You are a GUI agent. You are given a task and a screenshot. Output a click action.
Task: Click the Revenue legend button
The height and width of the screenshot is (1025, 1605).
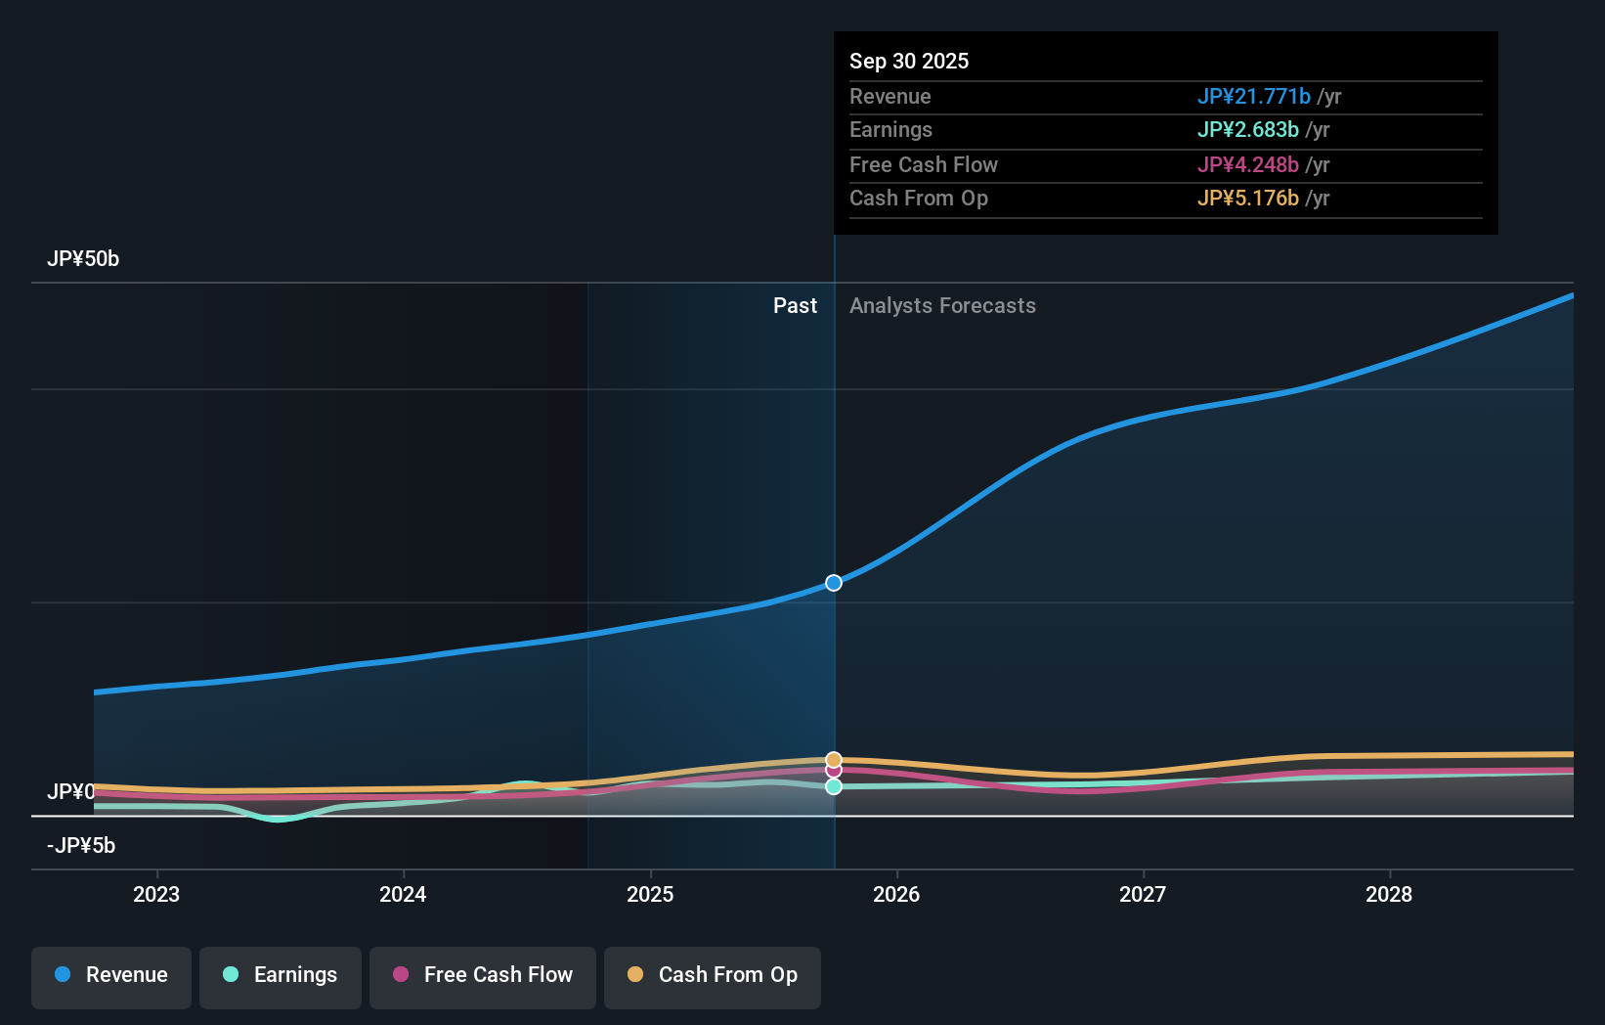pyautogui.click(x=111, y=975)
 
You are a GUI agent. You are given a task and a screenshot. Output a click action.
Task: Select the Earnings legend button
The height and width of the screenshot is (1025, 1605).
pyautogui.click(x=281, y=975)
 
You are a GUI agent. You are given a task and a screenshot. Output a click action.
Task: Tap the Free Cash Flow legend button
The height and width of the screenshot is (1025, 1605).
pyautogui.click(x=483, y=975)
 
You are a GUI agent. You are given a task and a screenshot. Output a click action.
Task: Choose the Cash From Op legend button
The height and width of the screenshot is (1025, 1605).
pyautogui.click(x=713, y=975)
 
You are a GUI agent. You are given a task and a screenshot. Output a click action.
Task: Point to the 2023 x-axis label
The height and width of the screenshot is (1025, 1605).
pyautogui.click(x=156, y=894)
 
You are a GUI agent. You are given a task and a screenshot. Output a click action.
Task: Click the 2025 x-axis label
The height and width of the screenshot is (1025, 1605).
pyautogui.click(x=650, y=894)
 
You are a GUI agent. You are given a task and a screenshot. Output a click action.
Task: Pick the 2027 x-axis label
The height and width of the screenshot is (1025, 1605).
pyautogui.click(x=1143, y=894)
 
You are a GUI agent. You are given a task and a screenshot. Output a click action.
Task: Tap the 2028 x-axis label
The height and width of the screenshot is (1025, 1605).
pyautogui.click(x=1389, y=894)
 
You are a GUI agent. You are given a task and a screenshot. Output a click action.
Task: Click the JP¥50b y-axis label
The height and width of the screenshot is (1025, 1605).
pyautogui.click(x=83, y=259)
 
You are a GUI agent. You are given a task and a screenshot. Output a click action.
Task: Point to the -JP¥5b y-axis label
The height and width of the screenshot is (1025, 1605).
pyautogui.click(x=81, y=846)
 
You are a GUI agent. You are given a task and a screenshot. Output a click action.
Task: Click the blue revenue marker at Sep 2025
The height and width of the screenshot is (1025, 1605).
pyautogui.click(x=834, y=583)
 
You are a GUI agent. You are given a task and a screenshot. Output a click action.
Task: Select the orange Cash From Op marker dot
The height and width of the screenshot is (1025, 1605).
pyautogui.click(x=834, y=759)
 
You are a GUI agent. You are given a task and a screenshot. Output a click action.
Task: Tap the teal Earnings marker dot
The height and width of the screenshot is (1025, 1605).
pyautogui.click(x=834, y=786)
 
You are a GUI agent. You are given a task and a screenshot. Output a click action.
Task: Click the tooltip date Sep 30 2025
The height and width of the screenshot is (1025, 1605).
pyautogui.click(x=909, y=61)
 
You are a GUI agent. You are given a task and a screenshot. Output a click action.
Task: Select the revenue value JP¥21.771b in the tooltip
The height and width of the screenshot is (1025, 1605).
pyautogui.click(x=1254, y=96)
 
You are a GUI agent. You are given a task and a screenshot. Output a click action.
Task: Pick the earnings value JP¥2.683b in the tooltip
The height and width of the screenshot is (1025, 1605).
pyautogui.click(x=1248, y=130)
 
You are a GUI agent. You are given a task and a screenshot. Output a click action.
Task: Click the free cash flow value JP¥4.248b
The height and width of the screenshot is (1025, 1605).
pyautogui.click(x=1248, y=164)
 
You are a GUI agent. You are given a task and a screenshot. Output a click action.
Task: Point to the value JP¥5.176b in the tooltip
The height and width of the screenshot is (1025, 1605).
pyautogui.click(x=1248, y=199)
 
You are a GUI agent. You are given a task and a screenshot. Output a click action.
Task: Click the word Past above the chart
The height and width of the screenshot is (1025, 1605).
pyautogui.click(x=795, y=306)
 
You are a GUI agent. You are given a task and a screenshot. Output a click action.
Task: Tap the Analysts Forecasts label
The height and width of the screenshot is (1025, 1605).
pyautogui.click(x=942, y=306)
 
